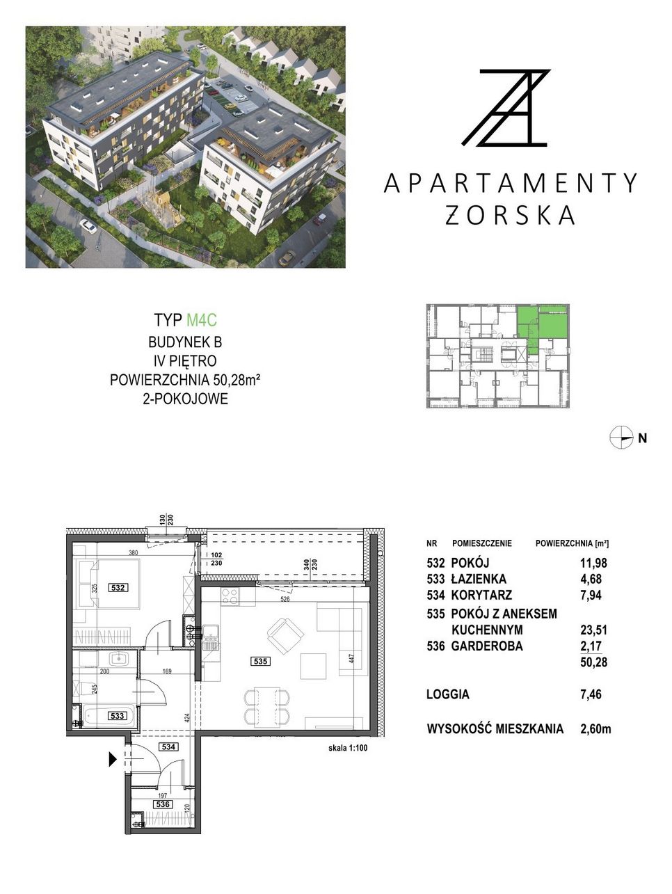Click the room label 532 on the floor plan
(118, 587)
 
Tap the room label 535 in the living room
(260, 661)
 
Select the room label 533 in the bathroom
(117, 716)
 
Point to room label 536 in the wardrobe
(163, 804)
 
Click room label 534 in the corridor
(168, 747)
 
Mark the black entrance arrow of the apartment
(113, 759)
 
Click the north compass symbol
(621, 438)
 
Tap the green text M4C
(202, 320)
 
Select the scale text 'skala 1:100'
(347, 748)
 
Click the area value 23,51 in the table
(593, 630)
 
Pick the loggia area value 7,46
(591, 694)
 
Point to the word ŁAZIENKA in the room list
(479, 579)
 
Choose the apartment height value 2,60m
(595, 728)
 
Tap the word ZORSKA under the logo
(510, 215)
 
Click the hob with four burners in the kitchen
(230, 596)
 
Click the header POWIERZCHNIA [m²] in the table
(572, 543)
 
